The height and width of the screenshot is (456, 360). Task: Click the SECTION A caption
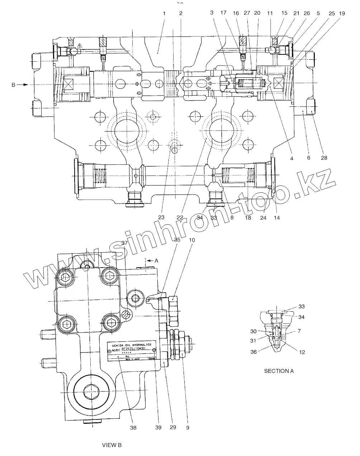coord(279,371)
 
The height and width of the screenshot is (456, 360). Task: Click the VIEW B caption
coord(112,445)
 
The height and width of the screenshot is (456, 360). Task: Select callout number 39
coord(158,427)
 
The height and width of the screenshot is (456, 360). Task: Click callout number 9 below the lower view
coord(188,427)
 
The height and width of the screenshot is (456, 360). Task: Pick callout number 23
coord(161,217)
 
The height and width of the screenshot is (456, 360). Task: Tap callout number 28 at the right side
coord(324,157)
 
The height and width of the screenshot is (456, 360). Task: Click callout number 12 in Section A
coord(302,352)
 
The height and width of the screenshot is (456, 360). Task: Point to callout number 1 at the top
coord(164,13)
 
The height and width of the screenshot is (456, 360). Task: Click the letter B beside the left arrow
coord(14,85)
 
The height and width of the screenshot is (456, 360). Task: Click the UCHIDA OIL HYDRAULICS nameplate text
coord(132,344)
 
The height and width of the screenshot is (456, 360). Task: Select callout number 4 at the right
coord(292,158)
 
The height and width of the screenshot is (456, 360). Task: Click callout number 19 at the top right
coord(342,13)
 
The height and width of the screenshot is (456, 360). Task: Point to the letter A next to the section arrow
coord(156,261)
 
